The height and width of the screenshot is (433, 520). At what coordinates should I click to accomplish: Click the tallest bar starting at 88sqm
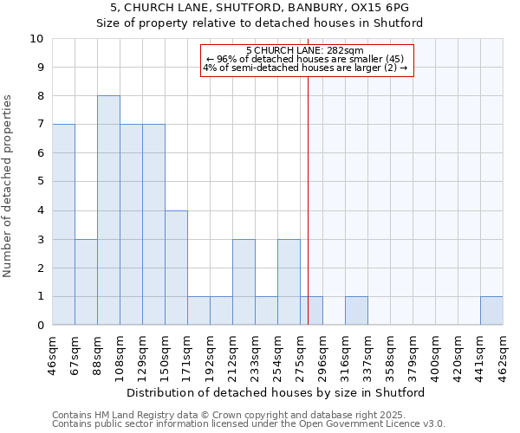[x=108, y=210]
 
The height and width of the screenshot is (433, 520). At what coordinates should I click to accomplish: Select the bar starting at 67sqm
[x=86, y=282]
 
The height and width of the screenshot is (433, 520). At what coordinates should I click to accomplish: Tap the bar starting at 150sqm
[x=176, y=268]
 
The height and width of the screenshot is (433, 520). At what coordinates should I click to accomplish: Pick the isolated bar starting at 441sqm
[x=491, y=311]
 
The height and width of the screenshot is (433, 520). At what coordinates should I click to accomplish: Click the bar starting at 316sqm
[x=356, y=311]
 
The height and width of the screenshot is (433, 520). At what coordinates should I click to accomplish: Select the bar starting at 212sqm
[x=244, y=282]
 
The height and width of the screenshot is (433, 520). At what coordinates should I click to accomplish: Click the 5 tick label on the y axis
[x=38, y=182]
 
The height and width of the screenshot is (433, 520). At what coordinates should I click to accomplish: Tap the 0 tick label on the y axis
[x=38, y=326]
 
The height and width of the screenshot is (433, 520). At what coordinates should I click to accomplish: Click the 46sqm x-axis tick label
[x=52, y=355]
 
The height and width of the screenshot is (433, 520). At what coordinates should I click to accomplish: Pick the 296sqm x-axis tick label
[x=322, y=355]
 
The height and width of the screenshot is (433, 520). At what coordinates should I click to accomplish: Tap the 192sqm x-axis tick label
[x=210, y=355]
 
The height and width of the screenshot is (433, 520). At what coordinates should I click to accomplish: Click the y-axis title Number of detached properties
[x=9, y=187]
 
